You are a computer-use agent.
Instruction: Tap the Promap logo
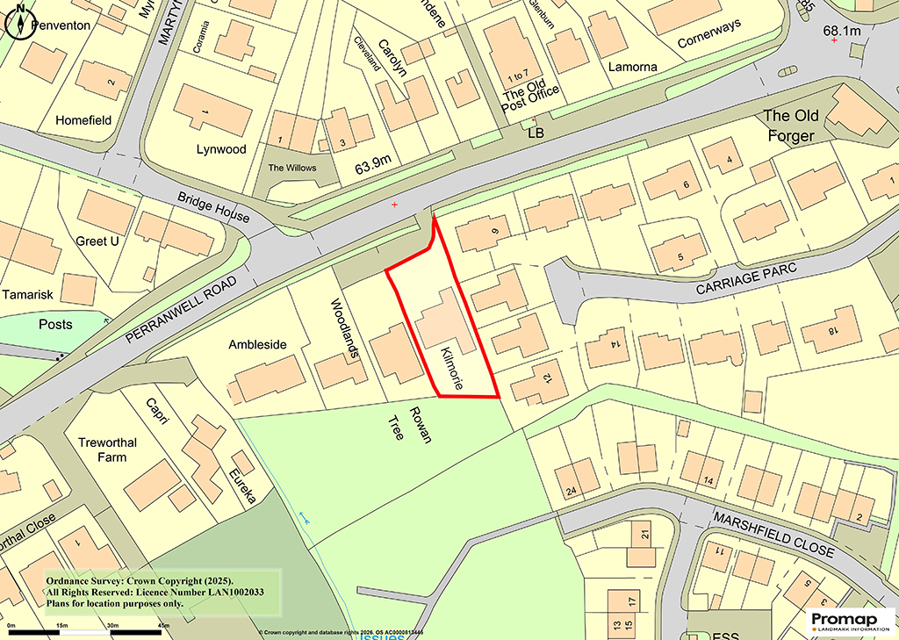(x=849, y=621)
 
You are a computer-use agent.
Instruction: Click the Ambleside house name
(x=257, y=345)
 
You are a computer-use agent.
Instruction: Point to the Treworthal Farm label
(x=107, y=449)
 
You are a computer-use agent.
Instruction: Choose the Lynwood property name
(x=221, y=149)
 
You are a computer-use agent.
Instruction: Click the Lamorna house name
(x=632, y=65)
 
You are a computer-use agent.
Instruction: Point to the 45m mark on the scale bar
(x=163, y=624)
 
